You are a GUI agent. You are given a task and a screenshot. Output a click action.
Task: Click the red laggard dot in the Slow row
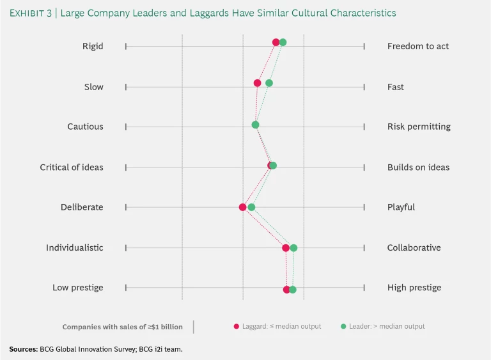coord(257,83)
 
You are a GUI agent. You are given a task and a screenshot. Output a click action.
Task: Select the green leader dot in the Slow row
coord(269,83)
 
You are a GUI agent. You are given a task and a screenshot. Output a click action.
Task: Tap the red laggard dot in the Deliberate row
coord(243,207)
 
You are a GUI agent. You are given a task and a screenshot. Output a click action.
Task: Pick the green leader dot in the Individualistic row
coord(293,247)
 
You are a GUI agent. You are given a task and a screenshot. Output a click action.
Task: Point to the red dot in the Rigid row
coord(276,42)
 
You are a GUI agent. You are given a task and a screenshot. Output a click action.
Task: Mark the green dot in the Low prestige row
coord(293,290)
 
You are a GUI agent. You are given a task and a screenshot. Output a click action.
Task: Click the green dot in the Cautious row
coord(255,125)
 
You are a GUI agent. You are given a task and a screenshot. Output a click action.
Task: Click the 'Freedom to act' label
coord(417,46)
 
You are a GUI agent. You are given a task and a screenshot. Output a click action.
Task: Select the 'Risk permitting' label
coord(419,127)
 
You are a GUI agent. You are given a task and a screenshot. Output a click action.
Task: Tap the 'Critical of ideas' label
coord(72,168)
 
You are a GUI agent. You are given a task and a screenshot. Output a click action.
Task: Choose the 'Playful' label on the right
coord(401,207)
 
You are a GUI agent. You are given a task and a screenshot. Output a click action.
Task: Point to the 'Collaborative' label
coord(414,247)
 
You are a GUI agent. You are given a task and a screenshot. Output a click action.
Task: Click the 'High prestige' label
coord(414,288)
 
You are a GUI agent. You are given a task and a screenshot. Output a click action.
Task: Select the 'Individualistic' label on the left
coord(74,247)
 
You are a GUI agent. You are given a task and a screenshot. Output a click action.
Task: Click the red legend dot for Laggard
coord(236,326)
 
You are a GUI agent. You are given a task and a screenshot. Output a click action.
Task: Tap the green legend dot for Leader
coord(343,326)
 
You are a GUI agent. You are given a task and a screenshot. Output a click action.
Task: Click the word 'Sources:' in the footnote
coord(23,349)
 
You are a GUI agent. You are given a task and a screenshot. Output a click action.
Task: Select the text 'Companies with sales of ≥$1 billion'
coord(122,327)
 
